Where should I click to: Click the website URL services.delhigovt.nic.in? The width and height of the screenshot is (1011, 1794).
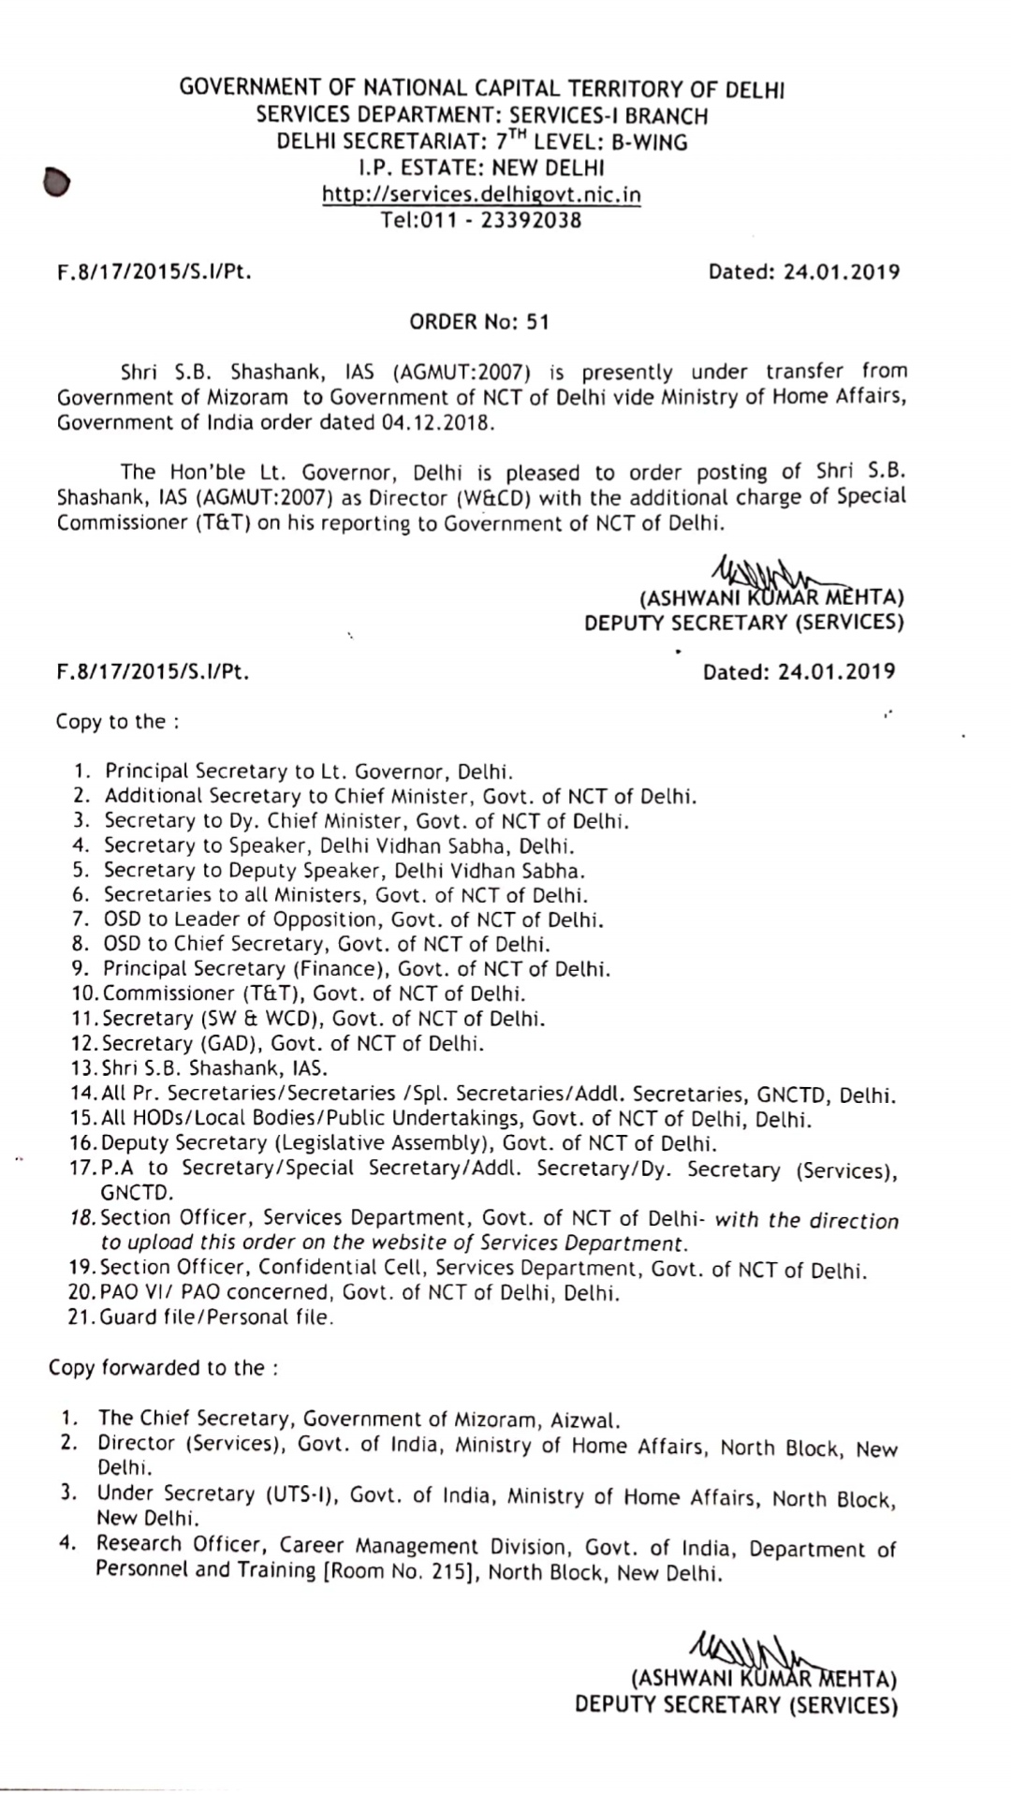481,195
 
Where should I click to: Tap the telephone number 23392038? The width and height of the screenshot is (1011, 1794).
532,221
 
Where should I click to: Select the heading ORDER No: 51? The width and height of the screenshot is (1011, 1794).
479,322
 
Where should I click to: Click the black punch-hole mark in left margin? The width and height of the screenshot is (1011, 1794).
56,182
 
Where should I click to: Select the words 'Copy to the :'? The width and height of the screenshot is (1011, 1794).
117,722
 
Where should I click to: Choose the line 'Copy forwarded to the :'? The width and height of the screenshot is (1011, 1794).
163,1368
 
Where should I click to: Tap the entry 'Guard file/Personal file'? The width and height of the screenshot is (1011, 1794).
217,1317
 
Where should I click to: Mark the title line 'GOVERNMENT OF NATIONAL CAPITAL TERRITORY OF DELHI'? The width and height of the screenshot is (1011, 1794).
482,90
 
